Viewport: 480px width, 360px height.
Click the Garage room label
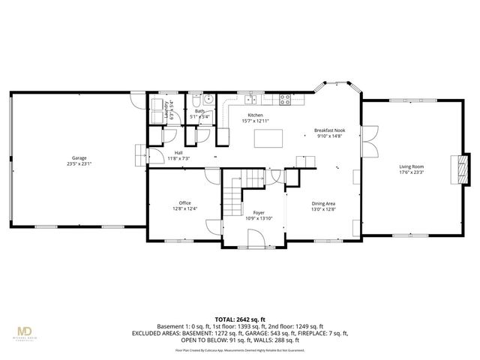point(79,158)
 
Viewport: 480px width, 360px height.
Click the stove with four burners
point(286,98)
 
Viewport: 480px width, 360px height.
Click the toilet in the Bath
point(195,100)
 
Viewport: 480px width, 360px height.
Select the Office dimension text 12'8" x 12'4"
point(185,208)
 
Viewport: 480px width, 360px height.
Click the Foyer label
point(259,213)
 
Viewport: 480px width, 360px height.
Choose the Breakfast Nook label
point(329,130)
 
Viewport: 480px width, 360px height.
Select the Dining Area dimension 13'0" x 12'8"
point(323,208)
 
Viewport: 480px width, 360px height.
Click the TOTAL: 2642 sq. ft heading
point(240,319)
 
